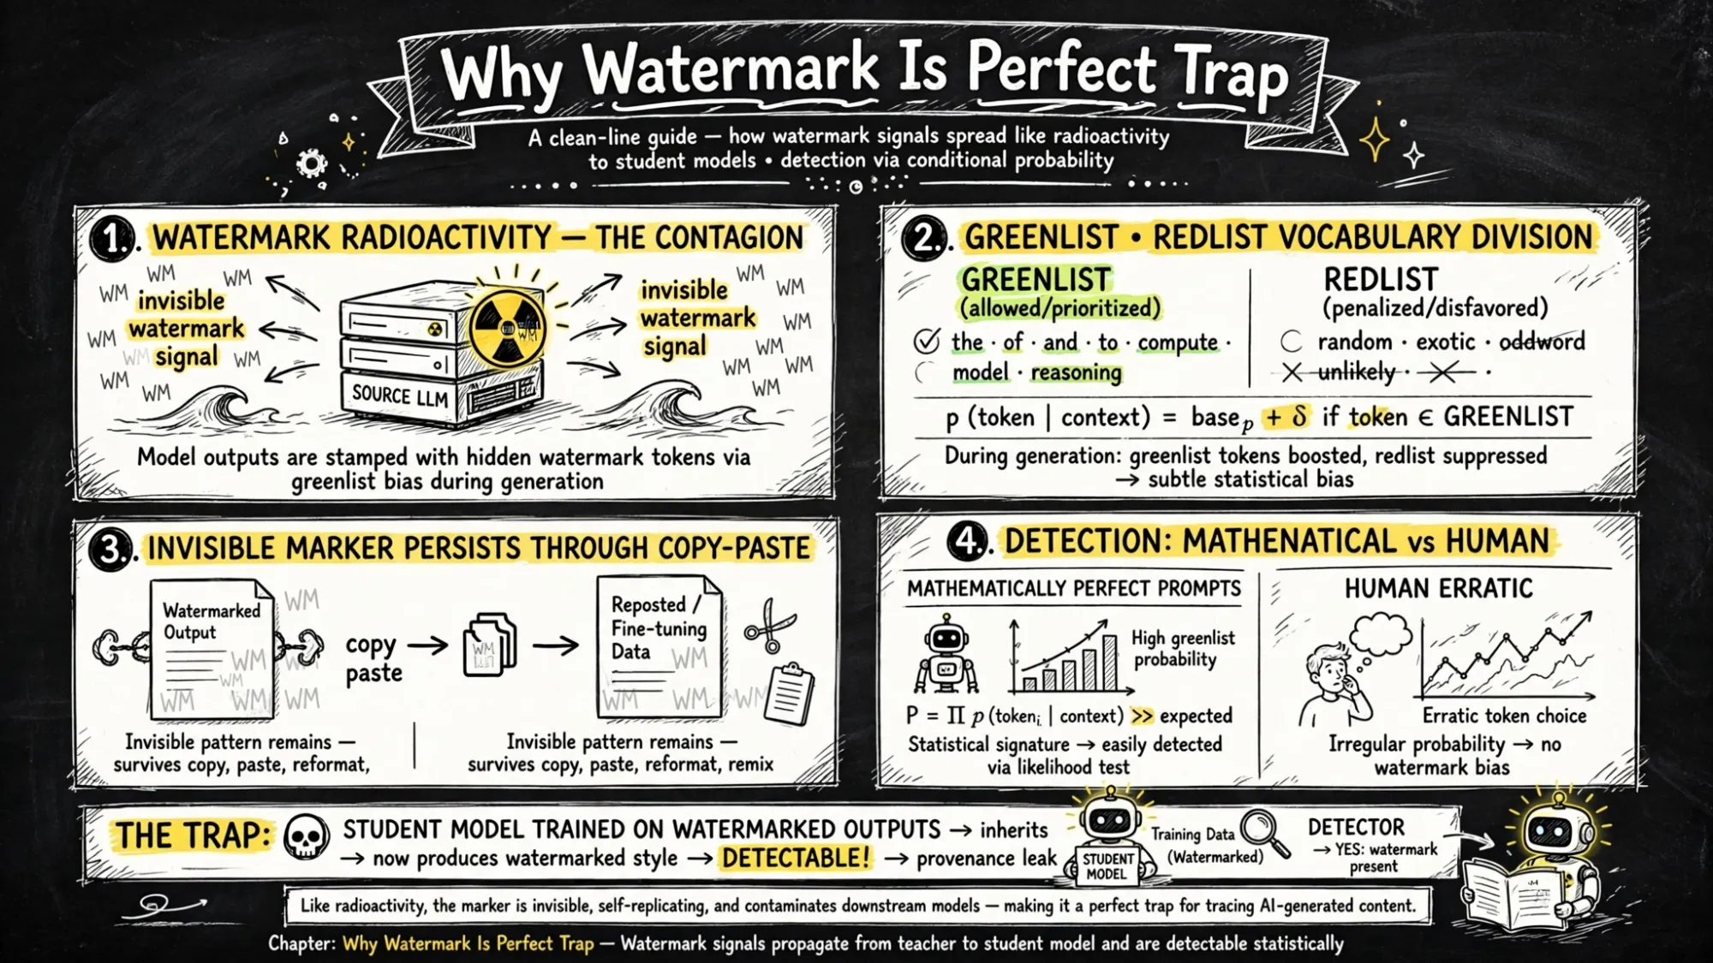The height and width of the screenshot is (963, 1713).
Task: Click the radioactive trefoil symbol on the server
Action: point(508,328)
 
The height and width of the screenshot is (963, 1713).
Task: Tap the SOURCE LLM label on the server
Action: point(400,395)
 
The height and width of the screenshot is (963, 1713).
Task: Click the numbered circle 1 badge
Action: point(112,237)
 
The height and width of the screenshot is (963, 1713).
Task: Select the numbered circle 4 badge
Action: point(968,541)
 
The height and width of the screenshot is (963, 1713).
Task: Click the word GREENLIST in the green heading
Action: point(1036,279)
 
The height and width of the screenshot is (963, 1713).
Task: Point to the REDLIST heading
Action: point(1381,279)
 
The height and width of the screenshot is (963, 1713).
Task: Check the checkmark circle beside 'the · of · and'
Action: point(926,341)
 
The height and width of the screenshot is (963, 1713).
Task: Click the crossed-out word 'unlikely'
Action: point(1357,372)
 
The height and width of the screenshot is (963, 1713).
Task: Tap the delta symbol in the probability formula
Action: point(1299,416)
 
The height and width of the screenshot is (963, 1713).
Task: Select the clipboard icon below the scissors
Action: point(789,693)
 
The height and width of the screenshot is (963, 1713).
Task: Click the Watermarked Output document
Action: point(212,648)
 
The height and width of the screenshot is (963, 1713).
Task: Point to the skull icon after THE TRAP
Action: point(306,836)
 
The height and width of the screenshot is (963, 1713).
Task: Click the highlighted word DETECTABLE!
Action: point(795,858)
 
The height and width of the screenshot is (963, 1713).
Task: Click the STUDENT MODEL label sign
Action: point(1107,866)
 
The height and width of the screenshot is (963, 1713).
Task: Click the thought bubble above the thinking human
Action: point(1380,634)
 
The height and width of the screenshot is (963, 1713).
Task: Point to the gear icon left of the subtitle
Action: point(311,163)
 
